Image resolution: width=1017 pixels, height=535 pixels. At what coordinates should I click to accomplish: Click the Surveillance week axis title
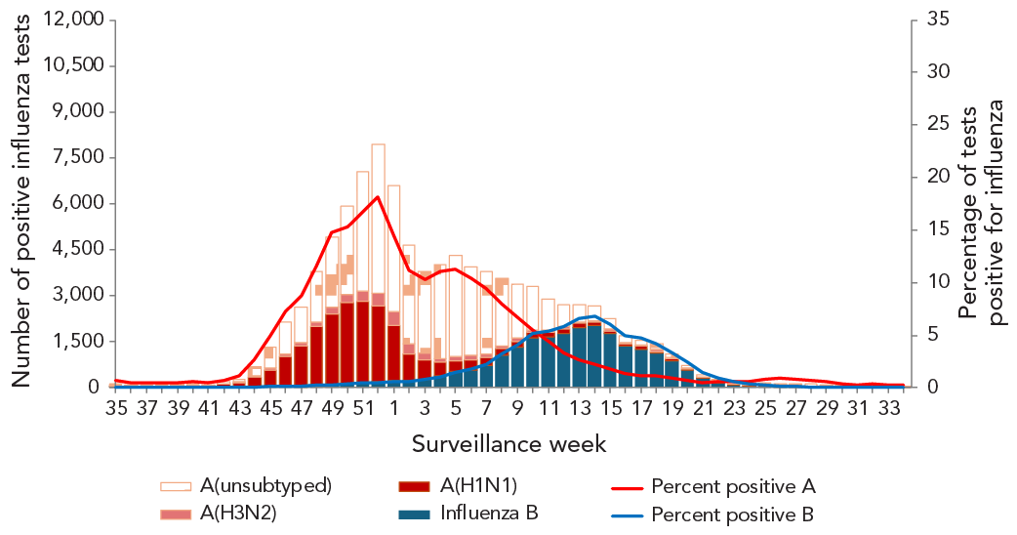[508, 444]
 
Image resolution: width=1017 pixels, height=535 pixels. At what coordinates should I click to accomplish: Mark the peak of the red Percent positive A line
[378, 196]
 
